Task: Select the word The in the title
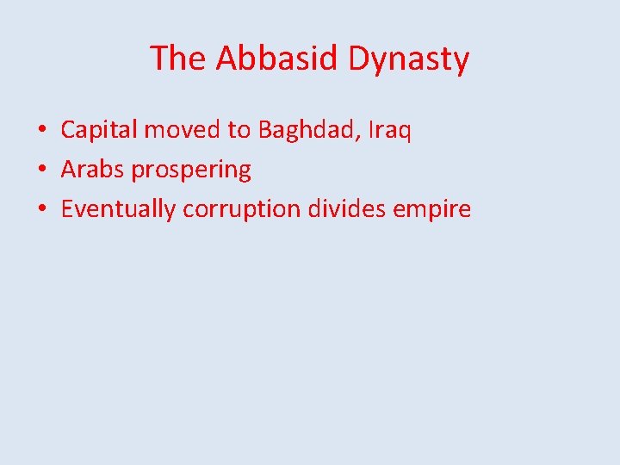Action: tap(178, 59)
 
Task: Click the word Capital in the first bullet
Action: tap(99, 131)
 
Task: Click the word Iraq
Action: tap(390, 131)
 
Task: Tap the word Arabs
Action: tap(93, 170)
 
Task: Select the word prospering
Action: tap(191, 170)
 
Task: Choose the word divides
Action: tap(347, 208)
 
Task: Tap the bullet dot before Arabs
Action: tap(41, 170)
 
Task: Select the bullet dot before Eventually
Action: tap(41, 209)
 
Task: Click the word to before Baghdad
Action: tap(239, 131)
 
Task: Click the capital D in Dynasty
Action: tap(359, 59)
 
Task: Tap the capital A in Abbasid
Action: tap(227, 59)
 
